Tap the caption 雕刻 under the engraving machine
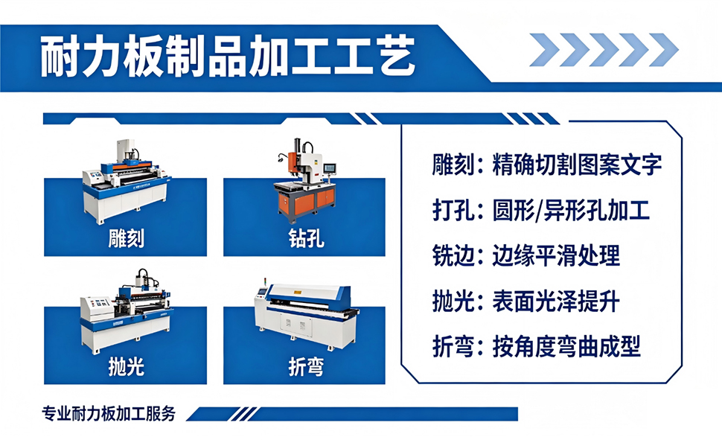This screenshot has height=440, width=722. pos(126,238)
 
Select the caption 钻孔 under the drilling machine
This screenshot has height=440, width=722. pos(306,238)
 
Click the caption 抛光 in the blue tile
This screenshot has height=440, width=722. pos(126,366)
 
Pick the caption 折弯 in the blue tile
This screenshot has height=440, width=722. pos(306,367)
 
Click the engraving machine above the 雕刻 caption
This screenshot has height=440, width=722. pos(126,181)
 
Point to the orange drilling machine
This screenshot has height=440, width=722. pos(306,181)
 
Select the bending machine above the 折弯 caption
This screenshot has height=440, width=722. pos(306,316)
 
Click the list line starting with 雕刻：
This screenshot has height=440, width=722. pos(546,165)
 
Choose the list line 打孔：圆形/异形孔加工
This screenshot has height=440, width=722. pos(540,211)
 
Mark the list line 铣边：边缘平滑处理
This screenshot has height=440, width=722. pos(525,256)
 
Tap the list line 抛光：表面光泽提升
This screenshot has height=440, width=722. pos(525,302)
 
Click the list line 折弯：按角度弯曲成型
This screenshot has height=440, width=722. pos(536,347)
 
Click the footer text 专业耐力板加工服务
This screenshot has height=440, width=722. pos(109,413)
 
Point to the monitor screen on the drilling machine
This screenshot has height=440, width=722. pos(329,168)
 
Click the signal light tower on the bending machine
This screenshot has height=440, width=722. pos(265,282)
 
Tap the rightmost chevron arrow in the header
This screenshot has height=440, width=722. pos(663,50)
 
